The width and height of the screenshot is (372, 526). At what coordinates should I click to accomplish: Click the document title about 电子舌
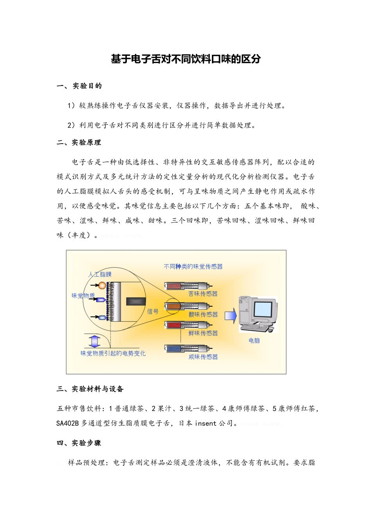click(186, 59)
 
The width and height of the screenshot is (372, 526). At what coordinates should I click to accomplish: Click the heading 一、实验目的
click(79, 86)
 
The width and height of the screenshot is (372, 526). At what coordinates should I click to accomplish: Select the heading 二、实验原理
click(79, 143)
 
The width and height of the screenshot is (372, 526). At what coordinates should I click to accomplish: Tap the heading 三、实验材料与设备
click(90, 389)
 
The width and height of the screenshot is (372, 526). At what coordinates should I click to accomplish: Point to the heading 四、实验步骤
click(79, 443)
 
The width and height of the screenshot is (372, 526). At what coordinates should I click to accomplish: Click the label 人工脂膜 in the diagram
click(100, 274)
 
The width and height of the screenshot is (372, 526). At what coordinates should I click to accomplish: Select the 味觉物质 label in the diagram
click(83, 295)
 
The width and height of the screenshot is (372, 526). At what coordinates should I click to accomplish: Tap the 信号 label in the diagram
click(153, 312)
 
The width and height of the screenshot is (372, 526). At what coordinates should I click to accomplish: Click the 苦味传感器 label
click(203, 294)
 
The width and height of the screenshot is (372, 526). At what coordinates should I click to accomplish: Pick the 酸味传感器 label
click(203, 314)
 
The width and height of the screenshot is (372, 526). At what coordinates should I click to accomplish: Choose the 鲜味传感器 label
click(203, 333)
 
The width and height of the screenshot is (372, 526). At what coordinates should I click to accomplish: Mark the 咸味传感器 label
click(203, 357)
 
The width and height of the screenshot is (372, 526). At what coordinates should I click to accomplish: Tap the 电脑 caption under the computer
click(254, 340)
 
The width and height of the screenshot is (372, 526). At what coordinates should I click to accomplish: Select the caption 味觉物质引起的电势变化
click(113, 353)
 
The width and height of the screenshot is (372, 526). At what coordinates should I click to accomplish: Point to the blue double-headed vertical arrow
click(94, 341)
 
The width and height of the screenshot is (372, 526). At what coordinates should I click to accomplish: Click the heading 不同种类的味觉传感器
click(193, 267)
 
